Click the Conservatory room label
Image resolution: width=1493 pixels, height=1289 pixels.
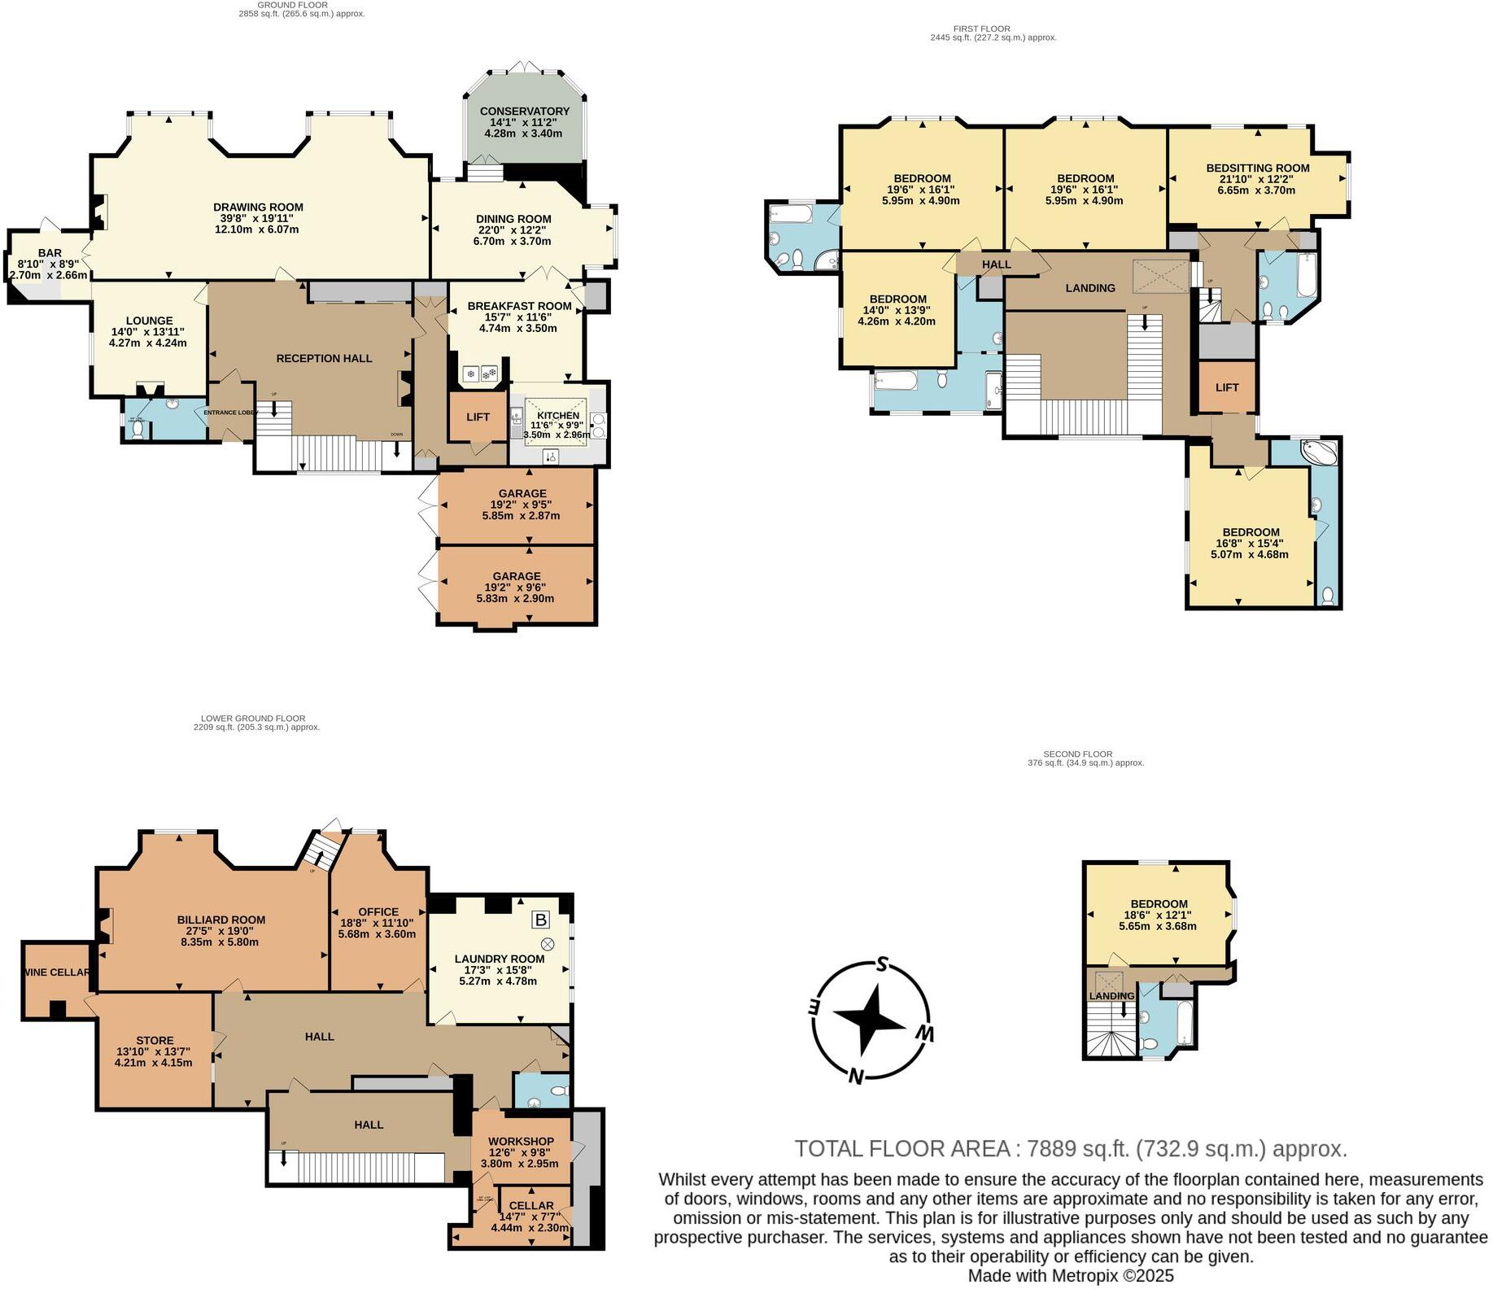(524, 111)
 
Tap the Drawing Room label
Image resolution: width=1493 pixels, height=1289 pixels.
(258, 208)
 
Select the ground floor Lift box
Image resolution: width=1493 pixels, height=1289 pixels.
(478, 417)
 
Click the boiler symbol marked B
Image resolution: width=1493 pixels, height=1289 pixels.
(540, 920)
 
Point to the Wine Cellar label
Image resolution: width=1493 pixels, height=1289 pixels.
(56, 972)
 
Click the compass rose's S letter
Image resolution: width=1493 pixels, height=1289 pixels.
(880, 966)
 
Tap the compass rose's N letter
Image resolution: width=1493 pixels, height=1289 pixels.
(855, 1077)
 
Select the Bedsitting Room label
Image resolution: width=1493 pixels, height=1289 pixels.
(1257, 168)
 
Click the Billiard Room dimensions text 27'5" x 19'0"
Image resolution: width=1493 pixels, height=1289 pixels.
(221, 931)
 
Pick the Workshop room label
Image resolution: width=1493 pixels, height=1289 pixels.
(522, 1142)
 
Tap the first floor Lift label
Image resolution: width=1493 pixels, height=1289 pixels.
(1227, 387)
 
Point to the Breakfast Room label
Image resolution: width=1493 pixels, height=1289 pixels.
(519, 307)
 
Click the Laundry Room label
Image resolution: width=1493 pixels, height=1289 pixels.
(499, 959)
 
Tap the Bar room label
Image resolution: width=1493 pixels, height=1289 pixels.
(50, 253)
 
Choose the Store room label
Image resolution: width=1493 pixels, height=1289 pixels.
(155, 1040)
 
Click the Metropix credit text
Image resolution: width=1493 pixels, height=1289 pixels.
(1071, 1276)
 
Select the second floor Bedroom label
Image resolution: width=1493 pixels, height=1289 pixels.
(1159, 903)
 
